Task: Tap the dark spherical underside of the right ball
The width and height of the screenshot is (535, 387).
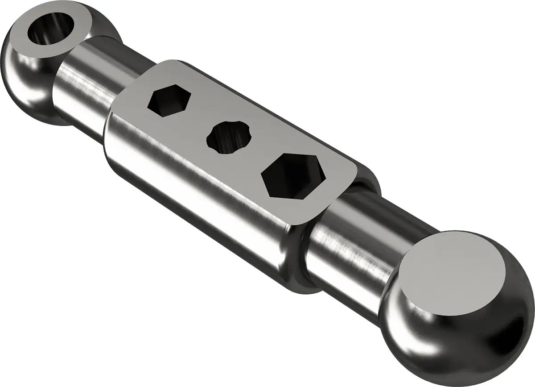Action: [481, 339]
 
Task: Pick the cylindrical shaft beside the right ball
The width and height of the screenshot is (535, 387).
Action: [352, 250]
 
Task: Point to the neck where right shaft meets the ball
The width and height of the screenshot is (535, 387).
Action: [392, 286]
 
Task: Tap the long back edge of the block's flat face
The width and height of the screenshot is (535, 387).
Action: [267, 109]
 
